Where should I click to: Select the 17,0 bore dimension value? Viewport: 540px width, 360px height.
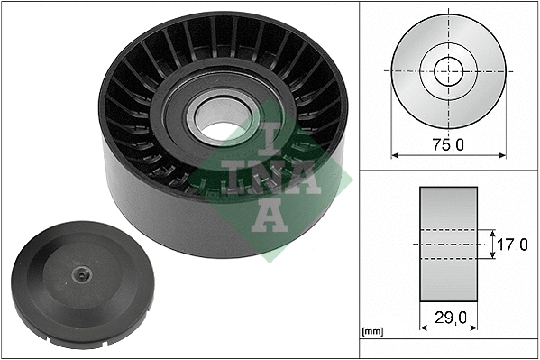point(512,244)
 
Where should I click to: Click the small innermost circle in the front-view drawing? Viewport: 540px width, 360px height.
point(447,69)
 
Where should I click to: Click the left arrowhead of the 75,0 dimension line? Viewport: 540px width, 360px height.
point(395,153)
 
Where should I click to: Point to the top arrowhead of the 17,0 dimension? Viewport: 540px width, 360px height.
point(492,231)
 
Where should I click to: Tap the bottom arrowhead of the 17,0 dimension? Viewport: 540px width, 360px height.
point(492,257)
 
